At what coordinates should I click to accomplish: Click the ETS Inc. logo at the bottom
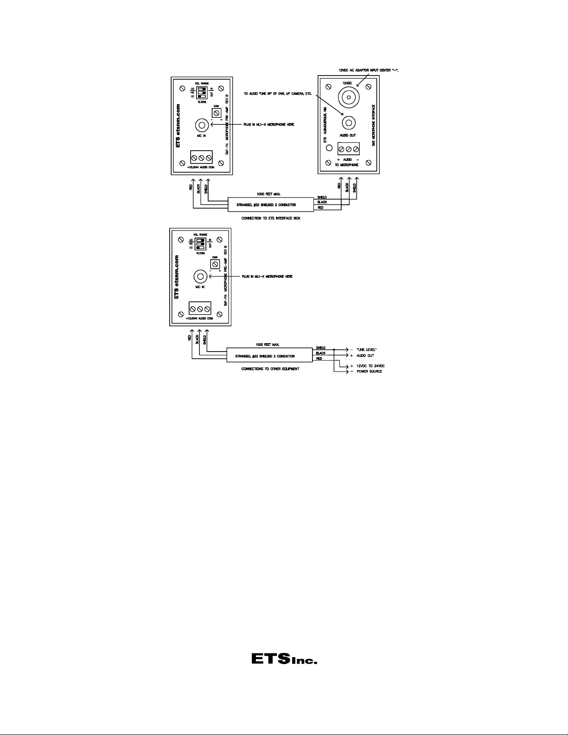coord(284,659)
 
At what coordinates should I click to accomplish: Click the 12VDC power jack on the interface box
coord(348,98)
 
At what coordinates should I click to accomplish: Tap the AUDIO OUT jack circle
coord(349,123)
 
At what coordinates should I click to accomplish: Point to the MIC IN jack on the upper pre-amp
coord(201,125)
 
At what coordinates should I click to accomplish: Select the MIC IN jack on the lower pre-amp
coord(200,276)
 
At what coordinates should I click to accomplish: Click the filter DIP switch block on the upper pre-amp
coord(201,92)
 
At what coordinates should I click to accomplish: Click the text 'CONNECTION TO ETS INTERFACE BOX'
coord(271,218)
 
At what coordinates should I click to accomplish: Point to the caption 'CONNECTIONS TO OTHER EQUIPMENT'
coord(270,369)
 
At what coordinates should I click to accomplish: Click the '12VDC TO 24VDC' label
coord(370,366)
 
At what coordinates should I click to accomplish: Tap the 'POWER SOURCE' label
coord(369,371)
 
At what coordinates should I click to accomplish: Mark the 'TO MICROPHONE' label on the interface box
coord(346,165)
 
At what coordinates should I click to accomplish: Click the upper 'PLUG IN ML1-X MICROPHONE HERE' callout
coord(268,125)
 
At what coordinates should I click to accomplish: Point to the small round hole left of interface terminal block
coord(330,148)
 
